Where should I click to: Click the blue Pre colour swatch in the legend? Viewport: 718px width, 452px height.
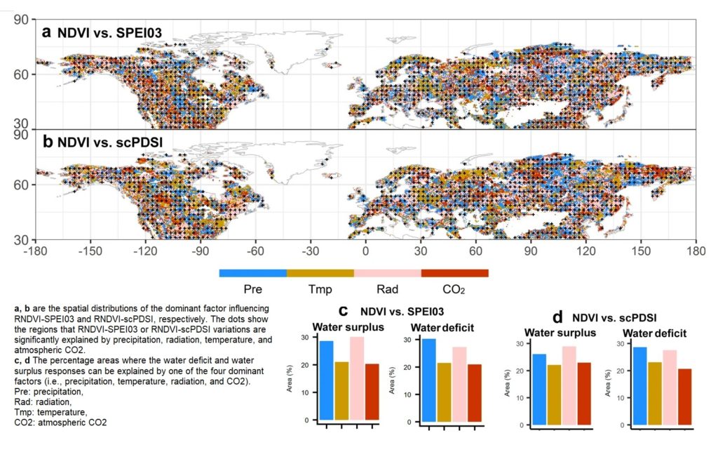pyautogui.click(x=252, y=273)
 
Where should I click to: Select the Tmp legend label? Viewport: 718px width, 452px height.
pyautogui.click(x=320, y=289)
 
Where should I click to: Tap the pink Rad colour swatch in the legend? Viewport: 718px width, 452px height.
pyautogui.click(x=387, y=273)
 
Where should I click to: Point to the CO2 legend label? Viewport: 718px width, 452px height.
pyautogui.click(x=454, y=289)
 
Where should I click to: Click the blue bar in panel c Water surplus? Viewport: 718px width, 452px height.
pyautogui.click(x=326, y=380)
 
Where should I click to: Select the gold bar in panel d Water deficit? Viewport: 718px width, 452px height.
pyautogui.click(x=654, y=394)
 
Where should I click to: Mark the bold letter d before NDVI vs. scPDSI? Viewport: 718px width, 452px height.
pyautogui.click(x=560, y=317)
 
